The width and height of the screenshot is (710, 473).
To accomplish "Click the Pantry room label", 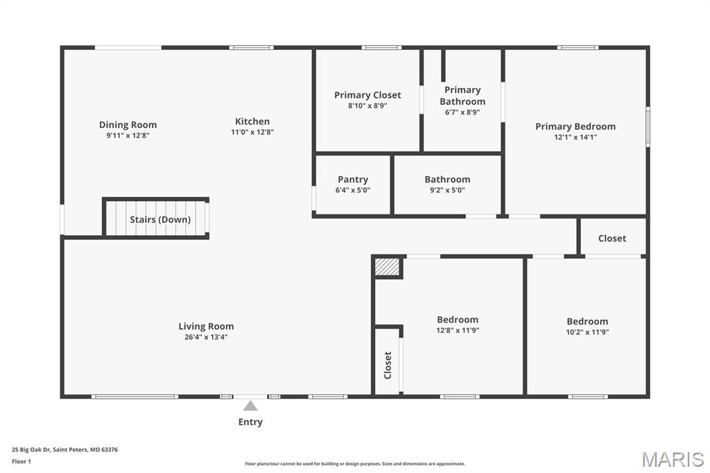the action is [x=353, y=180].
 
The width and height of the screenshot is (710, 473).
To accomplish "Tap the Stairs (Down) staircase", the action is [x=155, y=218].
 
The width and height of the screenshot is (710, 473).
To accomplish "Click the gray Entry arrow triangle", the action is [x=250, y=406].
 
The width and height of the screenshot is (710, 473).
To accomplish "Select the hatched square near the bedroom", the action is [x=387, y=266].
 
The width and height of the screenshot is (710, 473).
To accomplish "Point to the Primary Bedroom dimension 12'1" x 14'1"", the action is [x=575, y=137].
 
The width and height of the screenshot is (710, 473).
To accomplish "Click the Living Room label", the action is [x=206, y=326].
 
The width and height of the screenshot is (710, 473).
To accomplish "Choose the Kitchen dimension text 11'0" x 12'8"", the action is [x=252, y=132].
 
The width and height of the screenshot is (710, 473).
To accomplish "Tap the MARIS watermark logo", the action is [x=673, y=459].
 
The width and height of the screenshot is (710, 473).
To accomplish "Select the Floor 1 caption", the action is [x=21, y=462].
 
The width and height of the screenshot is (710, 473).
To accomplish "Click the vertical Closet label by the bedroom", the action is [x=387, y=365].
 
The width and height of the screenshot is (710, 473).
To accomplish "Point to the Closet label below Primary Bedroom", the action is [x=612, y=239].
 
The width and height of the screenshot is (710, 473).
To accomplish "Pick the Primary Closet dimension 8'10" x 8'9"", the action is [x=367, y=106].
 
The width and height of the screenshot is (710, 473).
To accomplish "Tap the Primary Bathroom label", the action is [x=462, y=96].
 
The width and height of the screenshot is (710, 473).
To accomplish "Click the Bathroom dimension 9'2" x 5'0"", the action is [x=447, y=190].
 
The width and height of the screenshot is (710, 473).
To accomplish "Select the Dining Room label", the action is [x=128, y=125].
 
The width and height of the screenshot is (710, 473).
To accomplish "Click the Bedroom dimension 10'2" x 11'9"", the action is [x=587, y=332].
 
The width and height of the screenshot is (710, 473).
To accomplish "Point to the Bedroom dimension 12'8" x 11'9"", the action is [x=458, y=330].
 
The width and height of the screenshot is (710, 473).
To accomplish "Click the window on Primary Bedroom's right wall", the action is [x=648, y=127].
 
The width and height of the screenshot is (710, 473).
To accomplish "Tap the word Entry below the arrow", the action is [x=250, y=422].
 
